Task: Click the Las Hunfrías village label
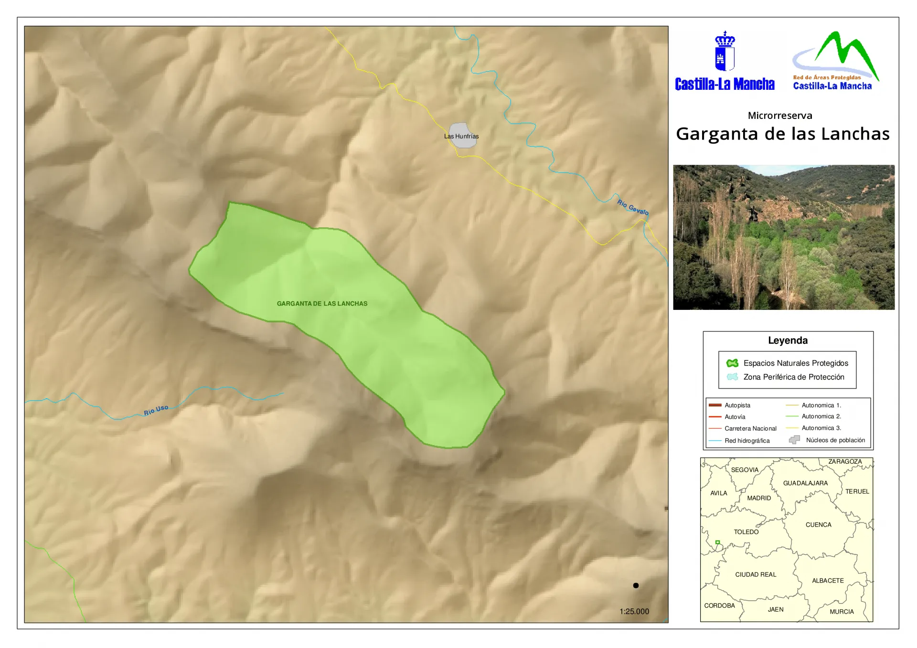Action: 461,136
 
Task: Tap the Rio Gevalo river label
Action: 633,207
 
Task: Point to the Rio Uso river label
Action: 156,410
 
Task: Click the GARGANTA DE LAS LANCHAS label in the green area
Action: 322,304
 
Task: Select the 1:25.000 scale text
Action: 634,611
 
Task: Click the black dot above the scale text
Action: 636,585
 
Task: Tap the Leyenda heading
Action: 788,340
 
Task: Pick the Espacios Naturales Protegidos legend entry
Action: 796,363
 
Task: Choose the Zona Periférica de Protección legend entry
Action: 793,377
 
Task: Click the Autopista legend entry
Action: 737,405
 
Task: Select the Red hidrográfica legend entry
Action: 746,441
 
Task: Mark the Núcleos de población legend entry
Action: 835,440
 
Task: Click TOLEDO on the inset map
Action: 746,532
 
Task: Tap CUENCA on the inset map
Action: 818,525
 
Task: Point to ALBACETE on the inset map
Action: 828,581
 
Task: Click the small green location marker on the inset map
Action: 717,542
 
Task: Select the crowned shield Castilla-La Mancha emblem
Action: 725,52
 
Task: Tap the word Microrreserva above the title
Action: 780,116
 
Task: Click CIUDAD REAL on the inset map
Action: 756,574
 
